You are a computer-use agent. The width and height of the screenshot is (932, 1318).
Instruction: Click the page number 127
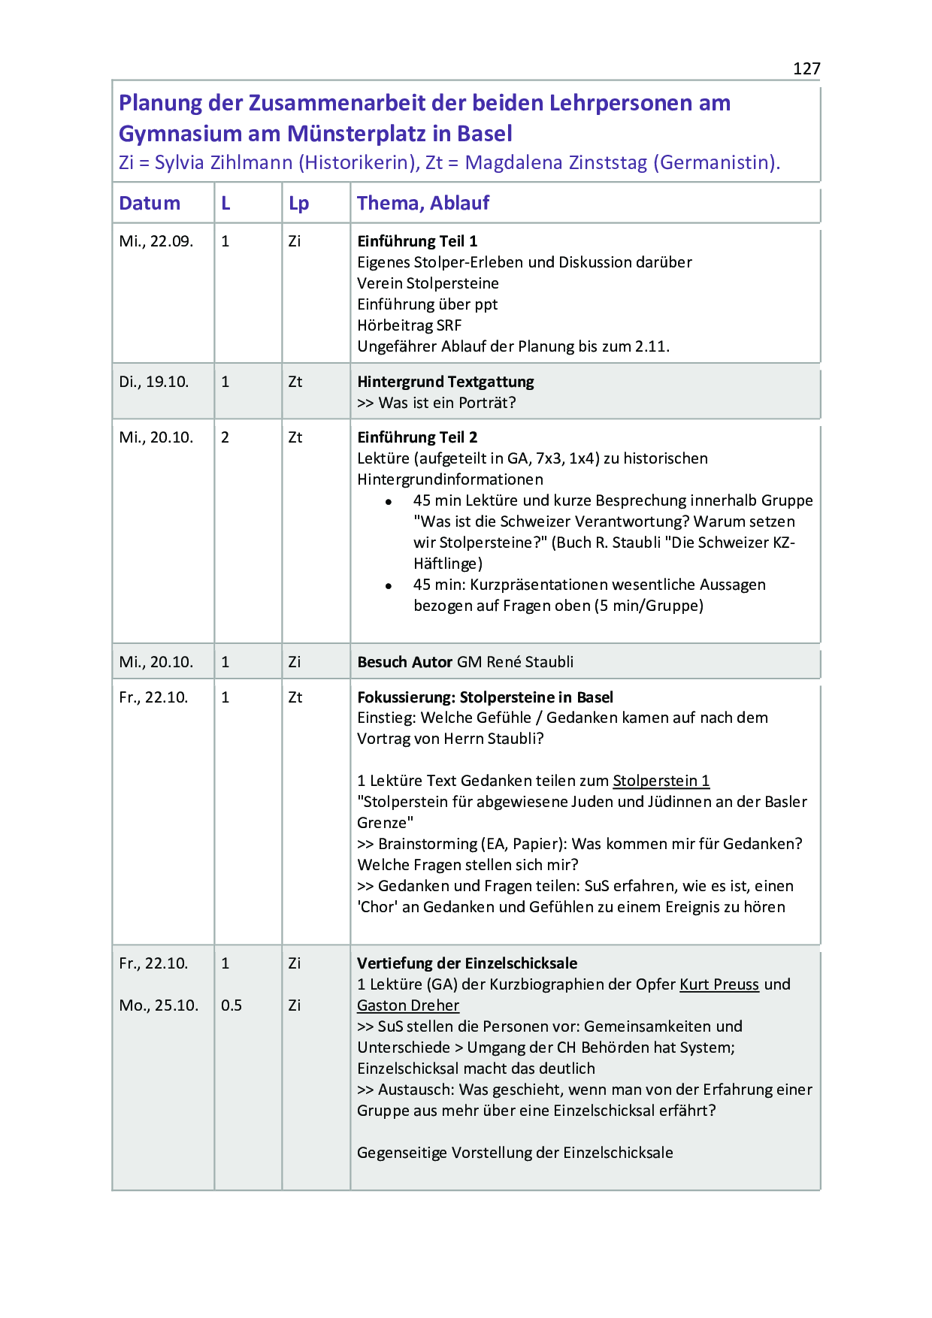[806, 69]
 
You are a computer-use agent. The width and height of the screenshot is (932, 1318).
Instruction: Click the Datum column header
[150, 204]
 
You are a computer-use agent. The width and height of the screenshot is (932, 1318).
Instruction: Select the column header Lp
[298, 204]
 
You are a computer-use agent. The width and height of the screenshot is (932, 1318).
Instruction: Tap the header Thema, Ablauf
[422, 204]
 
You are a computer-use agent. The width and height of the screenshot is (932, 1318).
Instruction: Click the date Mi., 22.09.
[156, 241]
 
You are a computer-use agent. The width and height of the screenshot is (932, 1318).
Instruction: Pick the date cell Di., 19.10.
[153, 382]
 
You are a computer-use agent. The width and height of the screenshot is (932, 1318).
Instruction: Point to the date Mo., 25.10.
[159, 1005]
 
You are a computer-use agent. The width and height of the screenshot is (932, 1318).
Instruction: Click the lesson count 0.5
[231, 1005]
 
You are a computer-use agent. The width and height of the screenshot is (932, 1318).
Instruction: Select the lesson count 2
[225, 437]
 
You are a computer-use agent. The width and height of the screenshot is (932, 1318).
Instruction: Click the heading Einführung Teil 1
[417, 241]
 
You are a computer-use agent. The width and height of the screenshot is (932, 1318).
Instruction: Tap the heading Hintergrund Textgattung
[445, 382]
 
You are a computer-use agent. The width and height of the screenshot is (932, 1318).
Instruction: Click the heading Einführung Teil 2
[417, 437]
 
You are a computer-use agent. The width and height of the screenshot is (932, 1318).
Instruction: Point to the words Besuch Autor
[404, 662]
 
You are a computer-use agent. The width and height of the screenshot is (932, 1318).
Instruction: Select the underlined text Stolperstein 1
[661, 781]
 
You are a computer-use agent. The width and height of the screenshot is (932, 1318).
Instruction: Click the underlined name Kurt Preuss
[719, 984]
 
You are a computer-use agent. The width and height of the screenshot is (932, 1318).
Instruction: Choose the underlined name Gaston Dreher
[407, 1005]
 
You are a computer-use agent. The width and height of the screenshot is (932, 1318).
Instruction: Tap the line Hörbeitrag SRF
[409, 325]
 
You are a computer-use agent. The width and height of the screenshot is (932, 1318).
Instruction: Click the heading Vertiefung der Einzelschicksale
[467, 963]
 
